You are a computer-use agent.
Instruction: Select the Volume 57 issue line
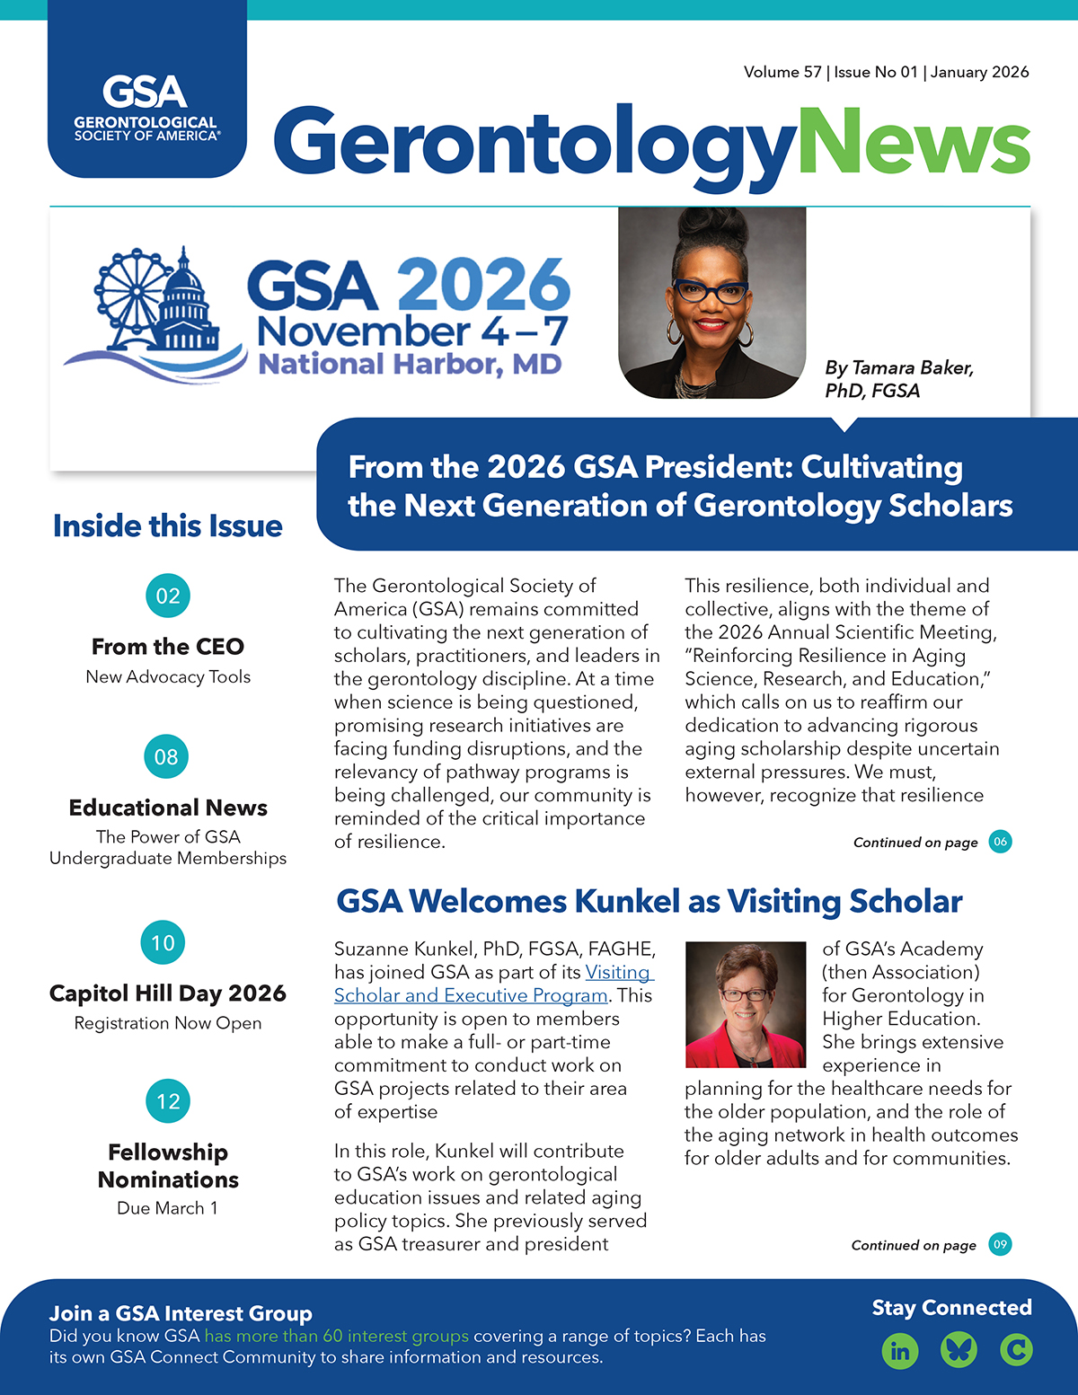pos(886,72)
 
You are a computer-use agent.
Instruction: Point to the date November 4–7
pos(412,331)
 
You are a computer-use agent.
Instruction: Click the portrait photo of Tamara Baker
pos(711,303)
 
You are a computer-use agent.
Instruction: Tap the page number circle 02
pos(168,596)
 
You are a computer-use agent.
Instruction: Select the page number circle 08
pos(166,756)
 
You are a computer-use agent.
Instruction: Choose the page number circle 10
pos(163,942)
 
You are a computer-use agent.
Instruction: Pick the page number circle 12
pos(168,1101)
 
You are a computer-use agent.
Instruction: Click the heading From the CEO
pos(168,647)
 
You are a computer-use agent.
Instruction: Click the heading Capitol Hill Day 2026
pos(168,993)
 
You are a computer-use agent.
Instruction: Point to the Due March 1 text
pos(168,1208)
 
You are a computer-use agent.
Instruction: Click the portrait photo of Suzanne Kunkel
pos(745,1004)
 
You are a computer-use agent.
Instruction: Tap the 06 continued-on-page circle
pos(1000,842)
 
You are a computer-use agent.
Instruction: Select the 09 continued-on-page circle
pos(1000,1244)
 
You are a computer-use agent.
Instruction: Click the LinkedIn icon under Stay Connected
pos(900,1350)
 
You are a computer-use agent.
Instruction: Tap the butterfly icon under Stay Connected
pos(959,1350)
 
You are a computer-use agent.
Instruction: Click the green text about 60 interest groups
pos(337,1336)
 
